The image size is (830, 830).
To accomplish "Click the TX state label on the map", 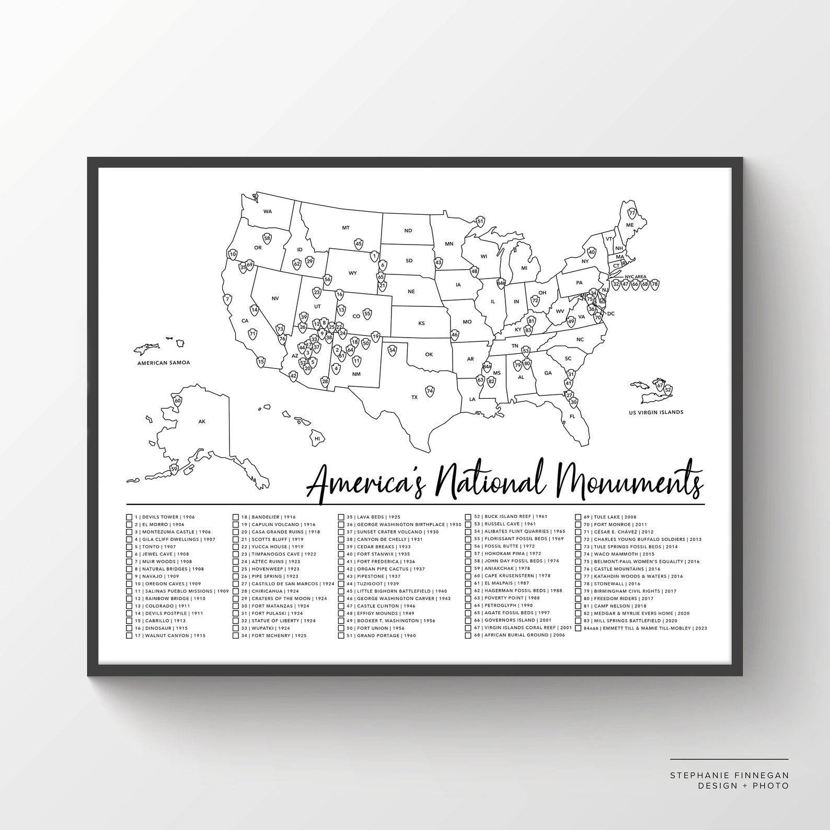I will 414,397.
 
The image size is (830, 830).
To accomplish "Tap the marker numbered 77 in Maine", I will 632,213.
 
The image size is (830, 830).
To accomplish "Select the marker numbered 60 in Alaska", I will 178,401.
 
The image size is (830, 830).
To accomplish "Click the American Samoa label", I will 164,362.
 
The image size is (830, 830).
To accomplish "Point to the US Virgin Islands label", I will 656,412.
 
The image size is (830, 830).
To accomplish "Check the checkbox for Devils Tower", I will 129,517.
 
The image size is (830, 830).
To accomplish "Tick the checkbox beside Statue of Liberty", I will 236,620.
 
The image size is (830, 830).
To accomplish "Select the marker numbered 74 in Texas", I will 430,391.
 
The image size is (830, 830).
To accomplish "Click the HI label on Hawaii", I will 317,439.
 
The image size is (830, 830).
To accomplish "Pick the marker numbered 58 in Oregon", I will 267,239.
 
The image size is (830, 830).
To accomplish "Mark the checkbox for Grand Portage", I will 341,636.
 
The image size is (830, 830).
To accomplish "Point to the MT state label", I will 345,228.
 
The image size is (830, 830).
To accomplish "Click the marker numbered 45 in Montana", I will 359,243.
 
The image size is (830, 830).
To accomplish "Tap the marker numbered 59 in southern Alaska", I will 174,469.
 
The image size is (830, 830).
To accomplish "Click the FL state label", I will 572,417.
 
